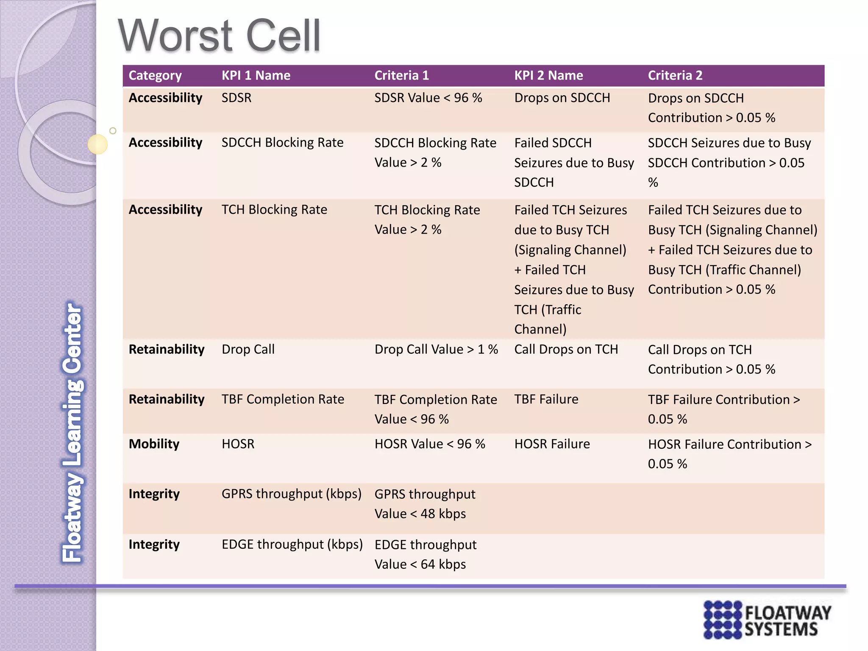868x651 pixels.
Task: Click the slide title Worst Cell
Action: (219, 36)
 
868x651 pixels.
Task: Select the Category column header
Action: (155, 75)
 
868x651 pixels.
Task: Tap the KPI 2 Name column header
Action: (548, 75)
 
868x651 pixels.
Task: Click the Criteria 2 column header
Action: (675, 75)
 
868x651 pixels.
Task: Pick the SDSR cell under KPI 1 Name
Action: (236, 98)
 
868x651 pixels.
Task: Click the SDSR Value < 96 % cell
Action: (428, 98)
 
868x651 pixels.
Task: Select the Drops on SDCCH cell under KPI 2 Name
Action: (562, 98)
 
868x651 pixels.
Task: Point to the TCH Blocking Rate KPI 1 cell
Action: (274, 209)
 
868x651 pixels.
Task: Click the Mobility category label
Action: (154, 444)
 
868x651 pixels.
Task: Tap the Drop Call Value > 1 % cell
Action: (436, 349)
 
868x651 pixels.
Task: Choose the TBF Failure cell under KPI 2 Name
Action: (546, 399)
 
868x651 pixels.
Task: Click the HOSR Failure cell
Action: (552, 444)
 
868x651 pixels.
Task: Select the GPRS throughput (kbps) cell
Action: (291, 494)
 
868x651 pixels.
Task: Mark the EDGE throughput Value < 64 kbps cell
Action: (425, 554)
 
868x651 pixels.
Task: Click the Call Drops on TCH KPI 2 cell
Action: (566, 349)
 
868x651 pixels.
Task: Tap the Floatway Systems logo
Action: (767, 620)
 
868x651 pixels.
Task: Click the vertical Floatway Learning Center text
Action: (72, 432)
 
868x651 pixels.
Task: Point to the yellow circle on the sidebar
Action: (97, 144)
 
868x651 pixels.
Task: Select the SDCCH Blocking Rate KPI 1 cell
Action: (282, 142)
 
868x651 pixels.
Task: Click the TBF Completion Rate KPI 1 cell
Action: (283, 399)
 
